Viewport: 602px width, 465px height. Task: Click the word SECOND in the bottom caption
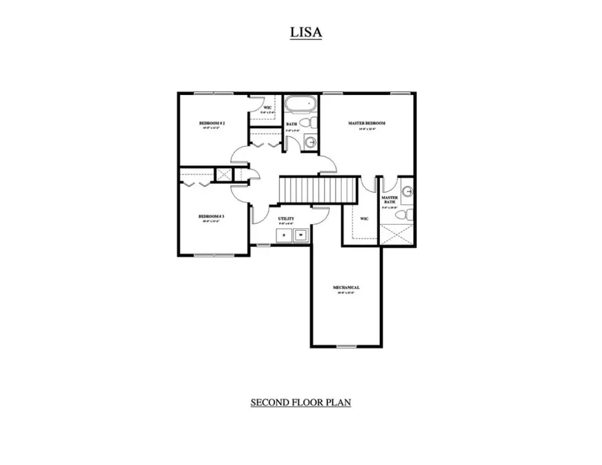pos(268,402)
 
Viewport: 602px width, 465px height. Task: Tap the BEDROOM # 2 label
pos(211,124)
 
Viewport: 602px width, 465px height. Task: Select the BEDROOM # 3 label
pos(211,216)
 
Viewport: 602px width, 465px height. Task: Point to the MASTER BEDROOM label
pos(367,123)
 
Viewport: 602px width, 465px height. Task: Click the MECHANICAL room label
pos(346,288)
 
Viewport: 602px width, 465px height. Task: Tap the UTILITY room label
pos(286,219)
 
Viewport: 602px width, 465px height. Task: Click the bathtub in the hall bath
pos(299,106)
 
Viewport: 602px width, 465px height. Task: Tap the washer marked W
pos(301,235)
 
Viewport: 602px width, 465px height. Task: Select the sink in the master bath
pos(408,191)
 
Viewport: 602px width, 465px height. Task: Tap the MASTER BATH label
pos(389,200)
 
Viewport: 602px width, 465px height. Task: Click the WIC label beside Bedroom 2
pos(267,107)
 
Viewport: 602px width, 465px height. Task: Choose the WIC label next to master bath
pos(365,218)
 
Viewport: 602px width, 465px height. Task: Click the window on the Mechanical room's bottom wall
pos(346,346)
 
